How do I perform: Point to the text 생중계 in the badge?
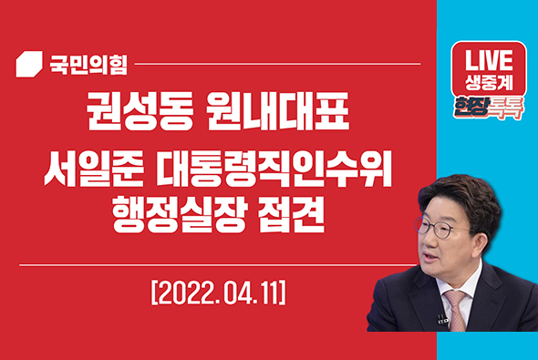491,81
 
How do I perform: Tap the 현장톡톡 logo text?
491,106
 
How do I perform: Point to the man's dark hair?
460,187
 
